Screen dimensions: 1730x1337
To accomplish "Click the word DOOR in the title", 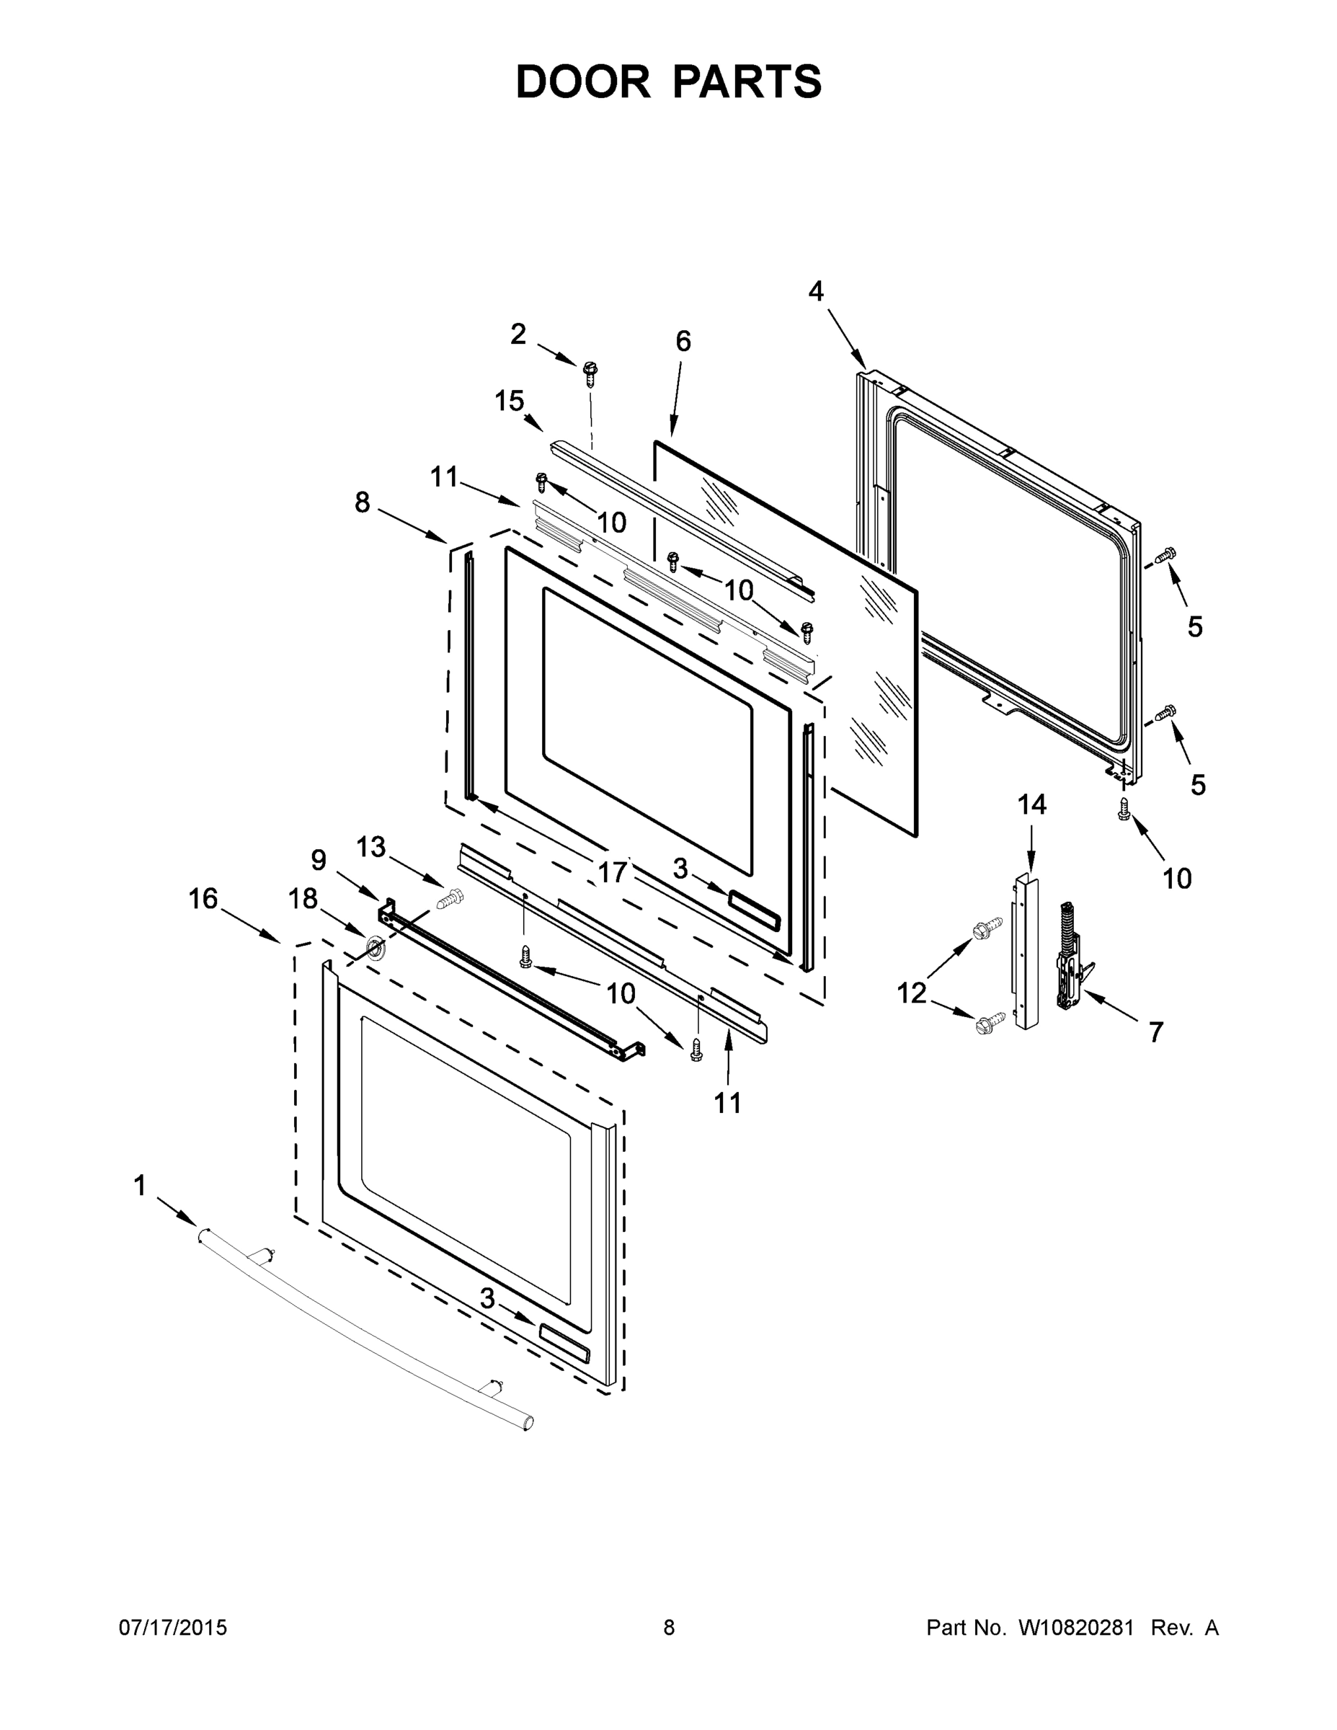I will [x=583, y=82].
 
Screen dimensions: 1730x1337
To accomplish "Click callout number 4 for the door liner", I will [x=816, y=291].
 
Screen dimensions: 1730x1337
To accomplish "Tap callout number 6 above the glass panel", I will [x=683, y=342].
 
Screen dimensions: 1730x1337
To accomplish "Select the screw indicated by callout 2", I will [x=590, y=371].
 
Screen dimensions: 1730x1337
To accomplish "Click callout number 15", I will [x=510, y=401].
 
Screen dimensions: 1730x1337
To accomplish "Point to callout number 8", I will [x=362, y=502].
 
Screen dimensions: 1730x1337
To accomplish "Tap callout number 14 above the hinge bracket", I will [x=1032, y=804].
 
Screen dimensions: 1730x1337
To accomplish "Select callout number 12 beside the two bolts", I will [x=911, y=993].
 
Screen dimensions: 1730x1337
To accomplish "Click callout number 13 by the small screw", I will [x=370, y=847].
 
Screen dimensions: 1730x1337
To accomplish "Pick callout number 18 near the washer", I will [x=303, y=899].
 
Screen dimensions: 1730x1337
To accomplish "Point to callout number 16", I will [x=203, y=899].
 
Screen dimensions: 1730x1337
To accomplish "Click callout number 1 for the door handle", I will [x=139, y=1186].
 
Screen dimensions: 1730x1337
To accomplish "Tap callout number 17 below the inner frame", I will [x=611, y=873].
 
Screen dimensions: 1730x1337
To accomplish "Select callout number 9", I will [x=319, y=859].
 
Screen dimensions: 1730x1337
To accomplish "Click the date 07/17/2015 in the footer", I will [x=173, y=1628].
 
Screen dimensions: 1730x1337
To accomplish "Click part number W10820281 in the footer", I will [x=1075, y=1628].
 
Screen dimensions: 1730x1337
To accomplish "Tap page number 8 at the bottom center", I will [x=670, y=1628].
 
